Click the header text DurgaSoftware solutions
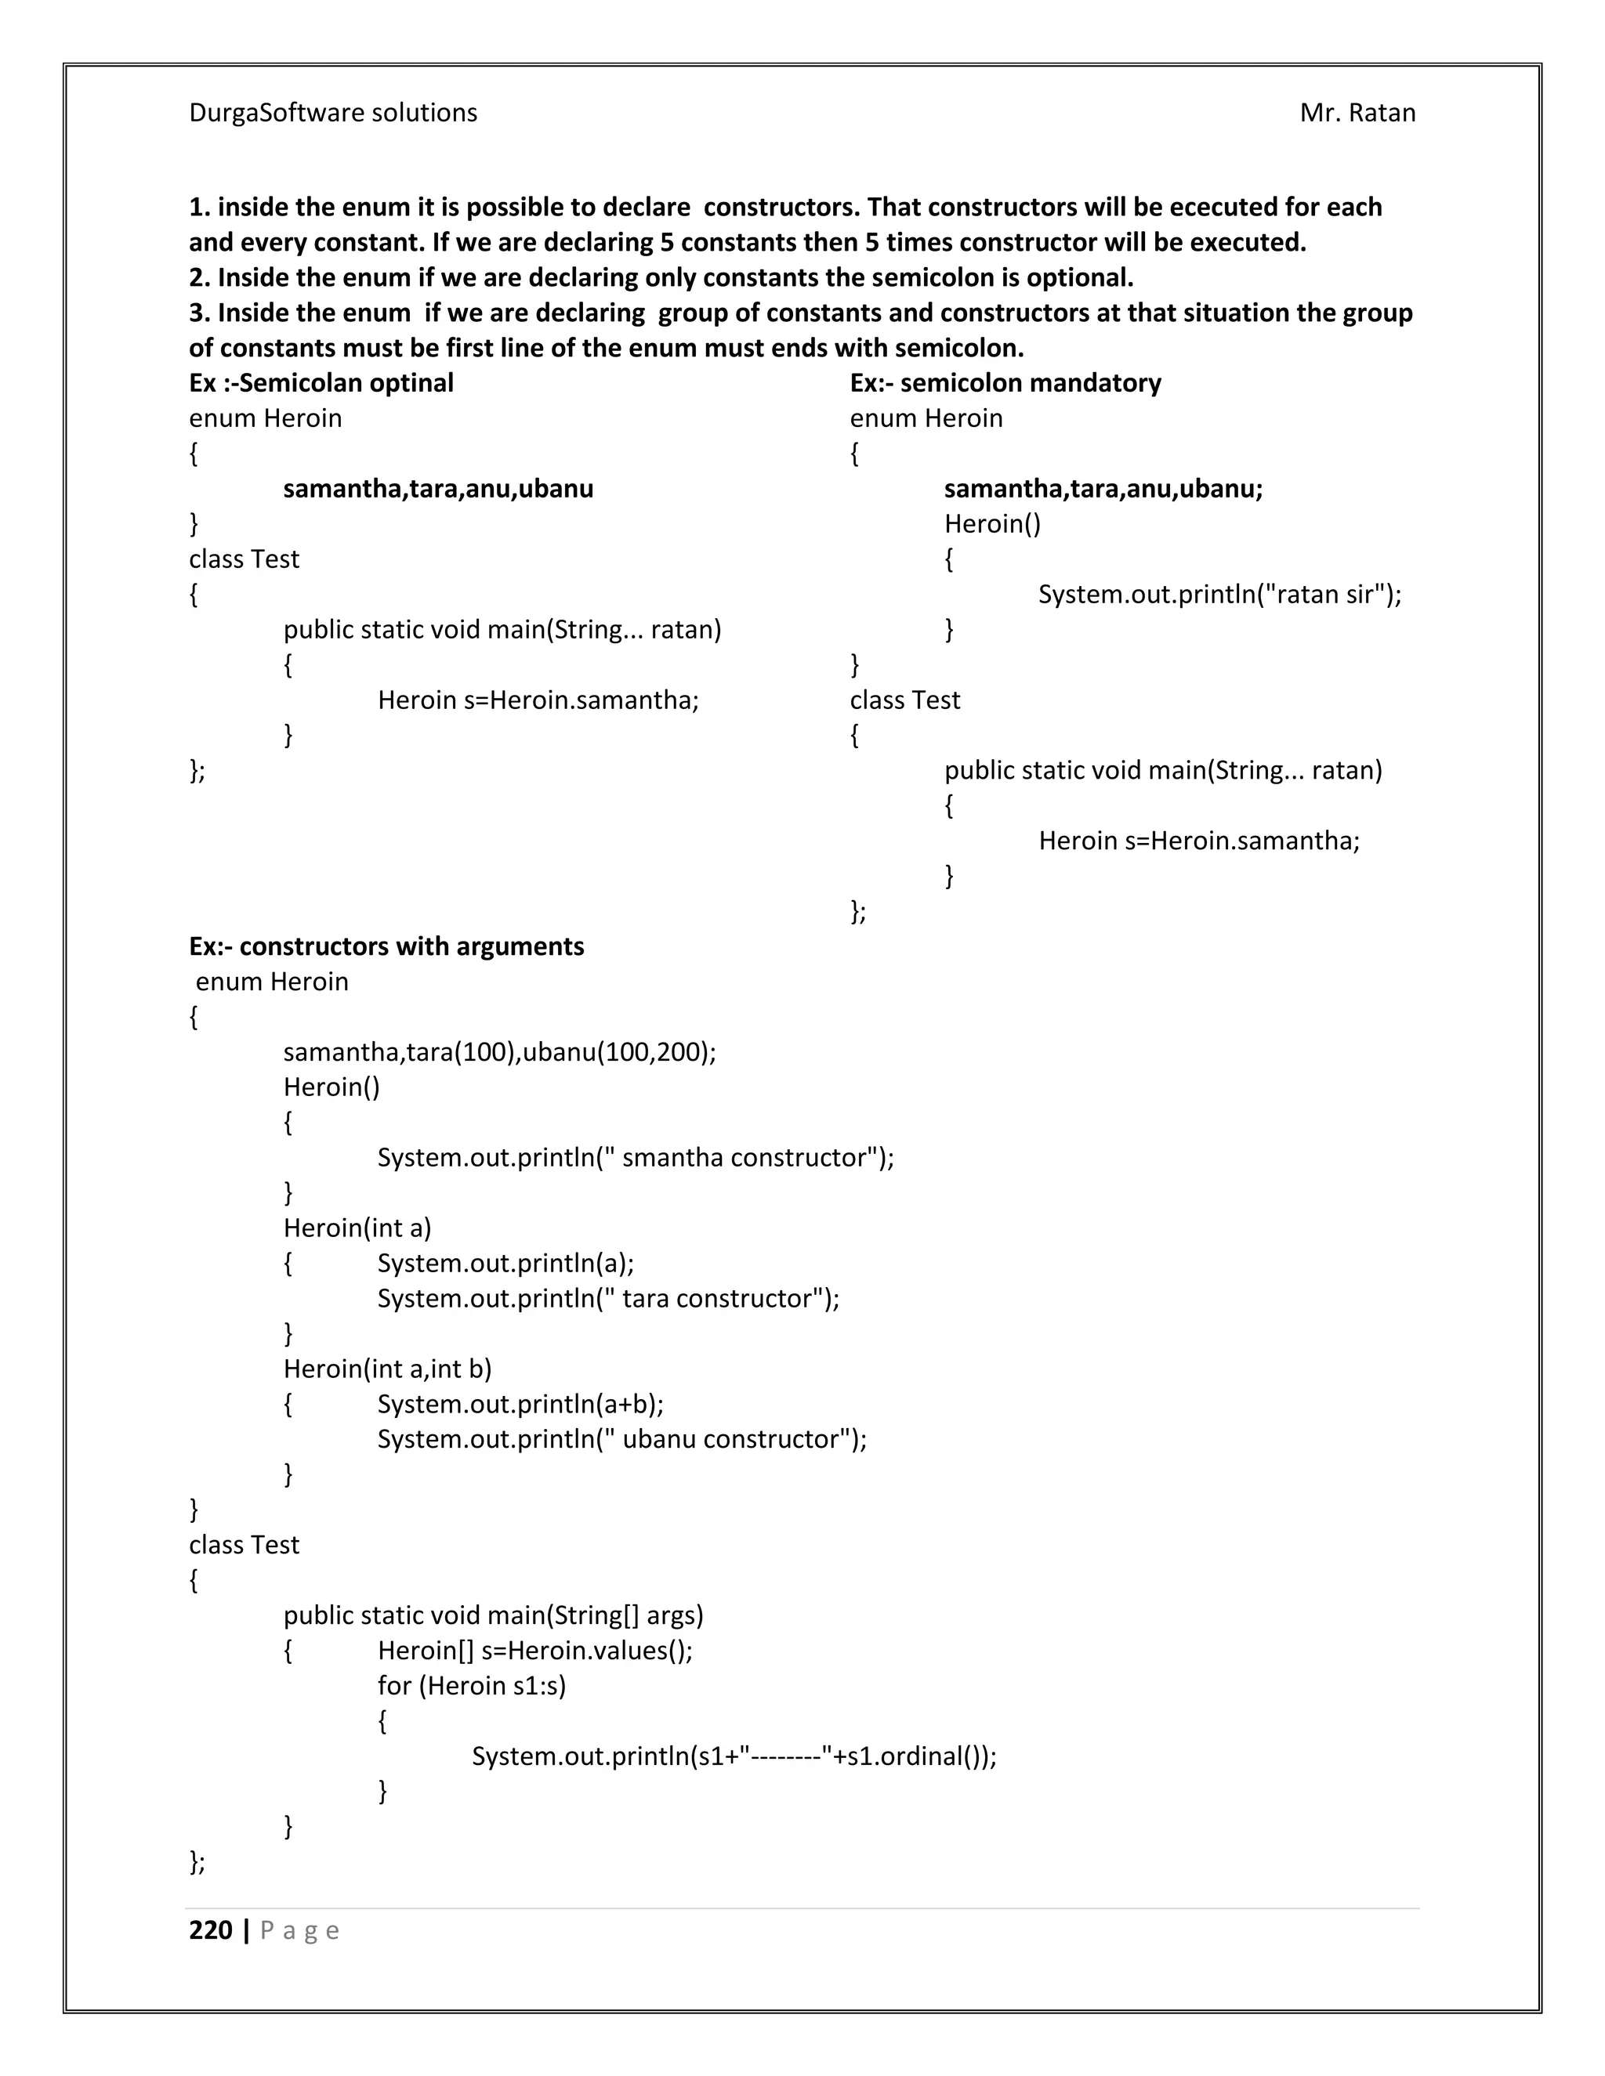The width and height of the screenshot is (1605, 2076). [333, 113]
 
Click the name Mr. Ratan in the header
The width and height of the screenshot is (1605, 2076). [1357, 113]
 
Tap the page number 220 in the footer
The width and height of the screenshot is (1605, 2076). [211, 1930]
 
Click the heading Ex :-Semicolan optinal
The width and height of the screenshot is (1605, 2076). [321, 383]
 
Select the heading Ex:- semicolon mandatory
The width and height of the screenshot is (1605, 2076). [1005, 383]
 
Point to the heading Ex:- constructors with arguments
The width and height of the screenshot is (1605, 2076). [386, 947]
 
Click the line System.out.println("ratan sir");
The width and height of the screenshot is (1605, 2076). [1219, 595]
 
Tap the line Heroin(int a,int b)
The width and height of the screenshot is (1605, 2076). [387, 1369]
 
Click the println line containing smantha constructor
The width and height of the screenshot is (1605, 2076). [635, 1158]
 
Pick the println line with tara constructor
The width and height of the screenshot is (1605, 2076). [607, 1298]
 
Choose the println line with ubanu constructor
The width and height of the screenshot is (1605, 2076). [621, 1439]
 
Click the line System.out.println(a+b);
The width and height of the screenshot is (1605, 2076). [520, 1404]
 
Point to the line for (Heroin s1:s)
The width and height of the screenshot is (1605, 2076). [471, 1685]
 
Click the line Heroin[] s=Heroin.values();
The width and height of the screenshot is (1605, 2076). [534, 1650]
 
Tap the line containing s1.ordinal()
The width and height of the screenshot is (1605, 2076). [733, 1756]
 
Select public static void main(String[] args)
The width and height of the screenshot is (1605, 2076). [492, 1615]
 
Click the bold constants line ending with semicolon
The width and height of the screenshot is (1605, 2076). [1103, 489]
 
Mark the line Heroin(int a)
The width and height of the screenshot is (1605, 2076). [357, 1228]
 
